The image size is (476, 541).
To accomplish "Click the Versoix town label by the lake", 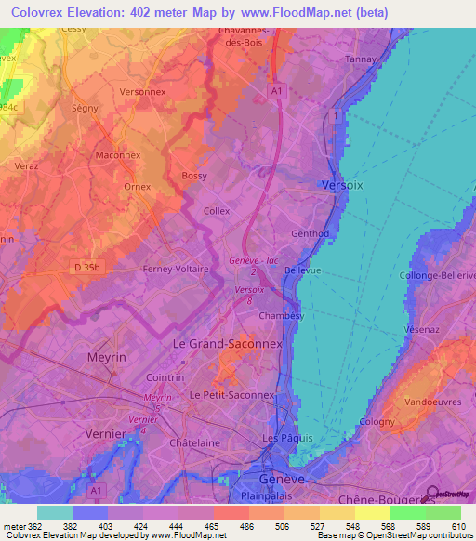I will pos(342,185).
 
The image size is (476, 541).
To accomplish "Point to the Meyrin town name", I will pos(107,357).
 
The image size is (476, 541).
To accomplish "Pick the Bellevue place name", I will pos(303,270).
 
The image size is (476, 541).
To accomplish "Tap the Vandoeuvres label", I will pos(434,402).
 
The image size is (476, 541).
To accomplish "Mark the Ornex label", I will pos(137,186).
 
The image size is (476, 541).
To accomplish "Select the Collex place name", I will pos(216,212).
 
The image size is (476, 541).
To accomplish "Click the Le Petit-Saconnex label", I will pos(231,395).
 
